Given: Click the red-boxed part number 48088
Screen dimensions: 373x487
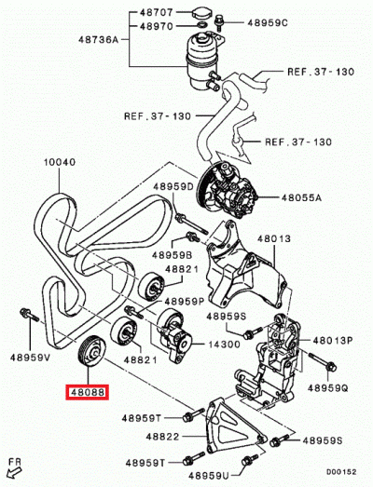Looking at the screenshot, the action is pos(87,392).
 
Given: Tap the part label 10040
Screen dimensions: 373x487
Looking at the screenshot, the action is pos(59,162).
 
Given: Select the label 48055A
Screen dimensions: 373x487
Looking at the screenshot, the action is pos(301,197).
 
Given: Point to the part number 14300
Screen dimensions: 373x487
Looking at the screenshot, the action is pos(225,345).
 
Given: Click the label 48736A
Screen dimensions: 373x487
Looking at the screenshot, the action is pos(99,40).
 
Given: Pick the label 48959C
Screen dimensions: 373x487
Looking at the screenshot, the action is pos(268,22).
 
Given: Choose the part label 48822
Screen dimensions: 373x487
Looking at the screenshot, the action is pos(162,437).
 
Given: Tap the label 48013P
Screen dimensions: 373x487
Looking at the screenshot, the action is pos(333,341).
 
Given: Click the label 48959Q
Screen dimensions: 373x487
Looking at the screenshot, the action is pos(328,388).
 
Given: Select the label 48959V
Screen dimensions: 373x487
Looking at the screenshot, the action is pos(30,358).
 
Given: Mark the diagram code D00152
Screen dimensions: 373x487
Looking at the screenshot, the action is pos(341,472).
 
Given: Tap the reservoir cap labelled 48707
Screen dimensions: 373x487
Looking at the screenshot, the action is pos(203,13).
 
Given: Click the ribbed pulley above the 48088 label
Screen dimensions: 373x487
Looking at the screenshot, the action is pos(91,352).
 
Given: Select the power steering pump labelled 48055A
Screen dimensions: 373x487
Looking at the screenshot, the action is pos(228,190).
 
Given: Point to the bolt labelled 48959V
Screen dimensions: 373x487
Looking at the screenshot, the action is pos(29,315).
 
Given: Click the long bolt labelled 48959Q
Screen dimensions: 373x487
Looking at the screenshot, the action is pos(323,362).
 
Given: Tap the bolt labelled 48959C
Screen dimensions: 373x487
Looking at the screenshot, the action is pos(218,22).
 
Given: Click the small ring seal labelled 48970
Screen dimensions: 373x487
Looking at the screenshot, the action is pos(202,25).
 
